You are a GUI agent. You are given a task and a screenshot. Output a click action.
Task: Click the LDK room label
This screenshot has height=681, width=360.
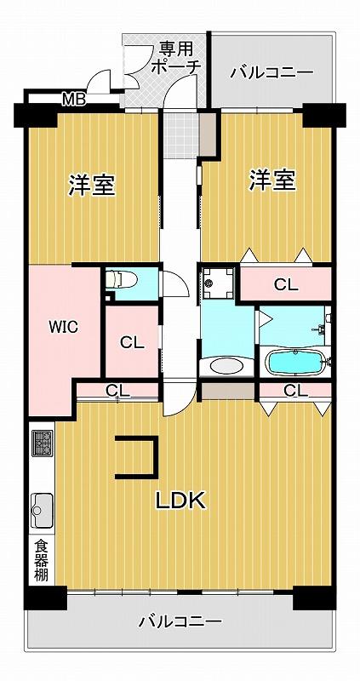tap(180, 502)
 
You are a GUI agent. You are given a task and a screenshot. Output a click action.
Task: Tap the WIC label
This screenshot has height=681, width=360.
tap(63, 327)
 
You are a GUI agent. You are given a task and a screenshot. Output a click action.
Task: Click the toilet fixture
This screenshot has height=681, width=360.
tap(122, 279)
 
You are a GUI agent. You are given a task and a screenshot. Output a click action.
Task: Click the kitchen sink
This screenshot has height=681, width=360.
tap(42, 509)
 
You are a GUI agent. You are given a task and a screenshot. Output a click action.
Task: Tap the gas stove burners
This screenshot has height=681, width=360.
tap(42, 443)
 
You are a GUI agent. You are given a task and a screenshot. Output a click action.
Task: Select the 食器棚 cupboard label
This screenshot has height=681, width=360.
tap(42, 560)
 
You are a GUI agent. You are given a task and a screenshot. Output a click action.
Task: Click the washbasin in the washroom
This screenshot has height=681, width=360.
tap(226, 365)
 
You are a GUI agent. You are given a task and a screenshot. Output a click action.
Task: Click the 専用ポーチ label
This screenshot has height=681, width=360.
tap(175, 57)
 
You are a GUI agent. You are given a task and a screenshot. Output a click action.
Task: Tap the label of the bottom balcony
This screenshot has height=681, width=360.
tap(180, 622)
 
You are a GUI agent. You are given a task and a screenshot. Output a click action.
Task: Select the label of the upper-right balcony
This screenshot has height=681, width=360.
tap(271, 72)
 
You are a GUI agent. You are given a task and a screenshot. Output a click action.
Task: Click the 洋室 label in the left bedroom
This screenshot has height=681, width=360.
tap(92, 186)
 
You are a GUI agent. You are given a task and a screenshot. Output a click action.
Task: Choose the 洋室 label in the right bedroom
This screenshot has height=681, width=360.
tap(272, 180)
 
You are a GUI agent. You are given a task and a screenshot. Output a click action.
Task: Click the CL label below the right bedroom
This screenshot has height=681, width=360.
tap(286, 285)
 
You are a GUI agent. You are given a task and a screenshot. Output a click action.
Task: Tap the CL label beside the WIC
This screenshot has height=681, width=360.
tap(132, 343)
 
